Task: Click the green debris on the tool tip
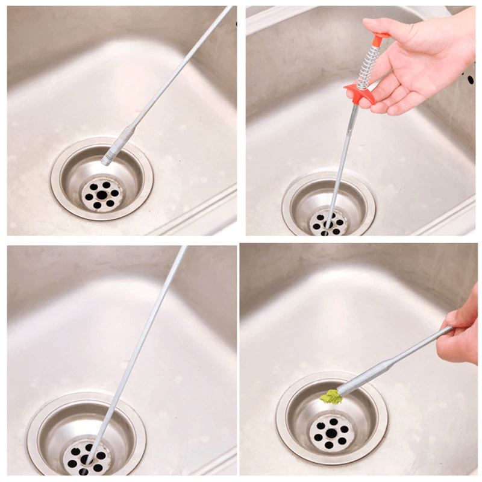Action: [330, 396]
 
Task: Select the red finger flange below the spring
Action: [359, 94]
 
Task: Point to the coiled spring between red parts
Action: [368, 67]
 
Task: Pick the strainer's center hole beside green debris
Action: [331, 433]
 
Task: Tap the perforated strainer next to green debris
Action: [331, 431]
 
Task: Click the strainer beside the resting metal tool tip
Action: [101, 195]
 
